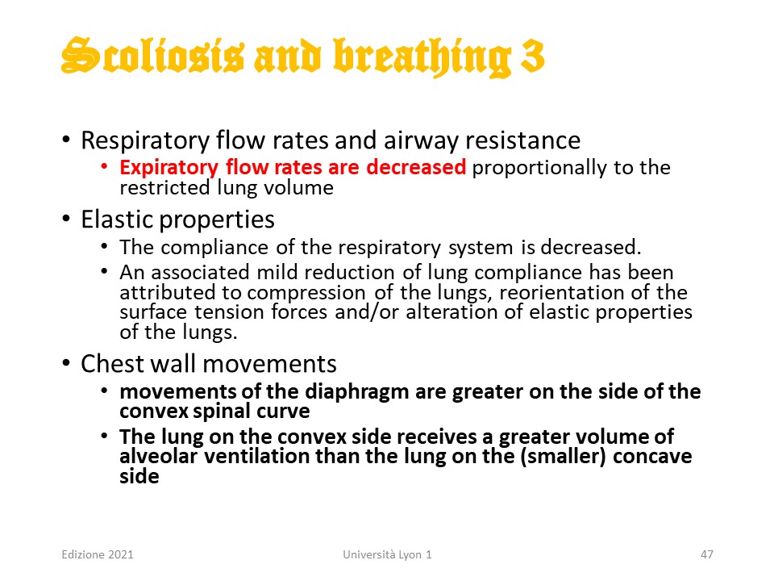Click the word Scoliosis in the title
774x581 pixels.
coord(152,56)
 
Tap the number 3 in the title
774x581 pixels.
coord(532,56)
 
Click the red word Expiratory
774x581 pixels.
coord(169,168)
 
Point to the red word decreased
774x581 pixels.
coord(416,167)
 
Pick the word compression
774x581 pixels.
coord(306,293)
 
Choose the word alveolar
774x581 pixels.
coord(159,457)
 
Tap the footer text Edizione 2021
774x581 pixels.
coord(98,554)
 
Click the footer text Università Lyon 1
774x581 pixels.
coord(388,555)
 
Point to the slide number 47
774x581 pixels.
coord(707,554)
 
